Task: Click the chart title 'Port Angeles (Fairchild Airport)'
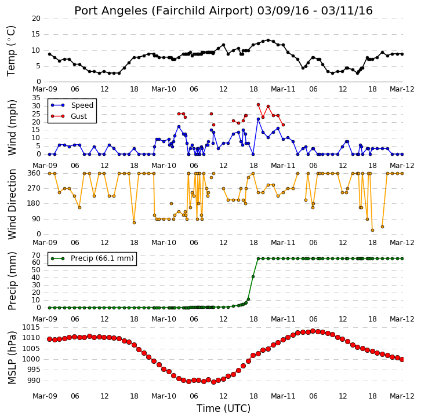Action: pos(164,11)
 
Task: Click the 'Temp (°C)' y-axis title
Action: pos(11,51)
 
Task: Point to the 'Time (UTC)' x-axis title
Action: pos(223,408)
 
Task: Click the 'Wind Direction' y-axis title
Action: pos(12,204)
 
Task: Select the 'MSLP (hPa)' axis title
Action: pos(12,357)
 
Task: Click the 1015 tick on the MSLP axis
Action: pos(31,327)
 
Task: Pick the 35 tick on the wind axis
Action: pos(37,98)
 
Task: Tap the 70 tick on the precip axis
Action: pos(37,255)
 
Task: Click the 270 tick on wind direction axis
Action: pos(34,188)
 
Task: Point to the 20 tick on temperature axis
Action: pos(37,19)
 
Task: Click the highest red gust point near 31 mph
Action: pos(258,105)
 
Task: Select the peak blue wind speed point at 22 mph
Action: pos(258,119)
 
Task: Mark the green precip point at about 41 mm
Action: pos(253,276)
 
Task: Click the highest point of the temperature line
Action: pos(268,40)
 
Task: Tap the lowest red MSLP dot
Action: pos(213,382)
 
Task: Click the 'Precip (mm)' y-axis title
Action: pos(12,281)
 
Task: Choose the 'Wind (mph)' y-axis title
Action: pos(12,127)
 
